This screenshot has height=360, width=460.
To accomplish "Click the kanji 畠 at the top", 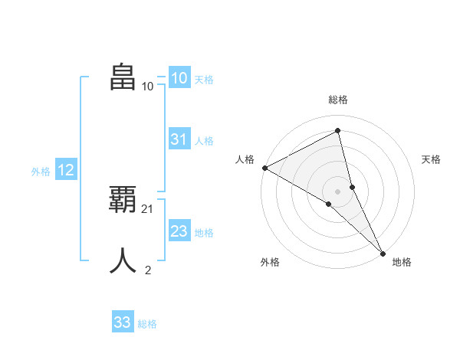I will (x=123, y=77).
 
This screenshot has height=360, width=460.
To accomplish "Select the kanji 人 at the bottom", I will (x=123, y=261).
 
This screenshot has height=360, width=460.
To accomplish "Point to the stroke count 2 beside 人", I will (x=148, y=270).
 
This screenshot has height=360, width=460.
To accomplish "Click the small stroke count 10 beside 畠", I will (x=148, y=86).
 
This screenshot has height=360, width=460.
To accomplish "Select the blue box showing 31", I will (x=179, y=139).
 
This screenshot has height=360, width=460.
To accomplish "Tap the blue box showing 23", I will (x=179, y=231).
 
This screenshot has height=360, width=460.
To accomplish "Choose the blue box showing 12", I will (x=66, y=170).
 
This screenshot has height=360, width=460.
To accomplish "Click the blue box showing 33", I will (x=122, y=322).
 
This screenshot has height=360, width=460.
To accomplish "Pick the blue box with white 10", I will (x=179, y=78).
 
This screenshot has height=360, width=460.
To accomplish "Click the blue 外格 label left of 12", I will (x=41, y=172).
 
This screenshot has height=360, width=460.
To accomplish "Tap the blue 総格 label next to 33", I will (x=147, y=324).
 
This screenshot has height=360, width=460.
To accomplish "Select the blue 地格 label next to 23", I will (x=204, y=233).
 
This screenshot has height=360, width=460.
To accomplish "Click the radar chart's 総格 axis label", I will (x=337, y=100).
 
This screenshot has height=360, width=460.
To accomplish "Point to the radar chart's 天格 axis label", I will (x=432, y=159).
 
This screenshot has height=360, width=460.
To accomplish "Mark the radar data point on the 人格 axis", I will (x=264, y=168).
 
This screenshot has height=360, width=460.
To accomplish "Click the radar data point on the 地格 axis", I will (x=383, y=252).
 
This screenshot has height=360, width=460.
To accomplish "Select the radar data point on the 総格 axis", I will (x=337, y=131).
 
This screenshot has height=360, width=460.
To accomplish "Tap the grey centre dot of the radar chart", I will (x=337, y=191).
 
